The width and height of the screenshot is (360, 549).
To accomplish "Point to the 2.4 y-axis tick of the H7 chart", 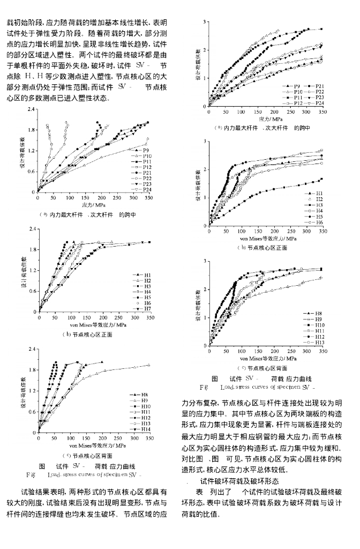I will [32, 229].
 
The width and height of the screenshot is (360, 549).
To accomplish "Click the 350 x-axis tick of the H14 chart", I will [150, 438].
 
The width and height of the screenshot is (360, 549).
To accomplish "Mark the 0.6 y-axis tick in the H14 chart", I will [32, 412].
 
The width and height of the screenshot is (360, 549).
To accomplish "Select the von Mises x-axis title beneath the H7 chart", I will [94, 325].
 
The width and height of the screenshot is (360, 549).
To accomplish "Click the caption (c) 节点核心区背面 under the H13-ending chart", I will [262, 368].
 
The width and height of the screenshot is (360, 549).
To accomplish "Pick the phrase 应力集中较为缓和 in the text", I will [303, 447].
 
